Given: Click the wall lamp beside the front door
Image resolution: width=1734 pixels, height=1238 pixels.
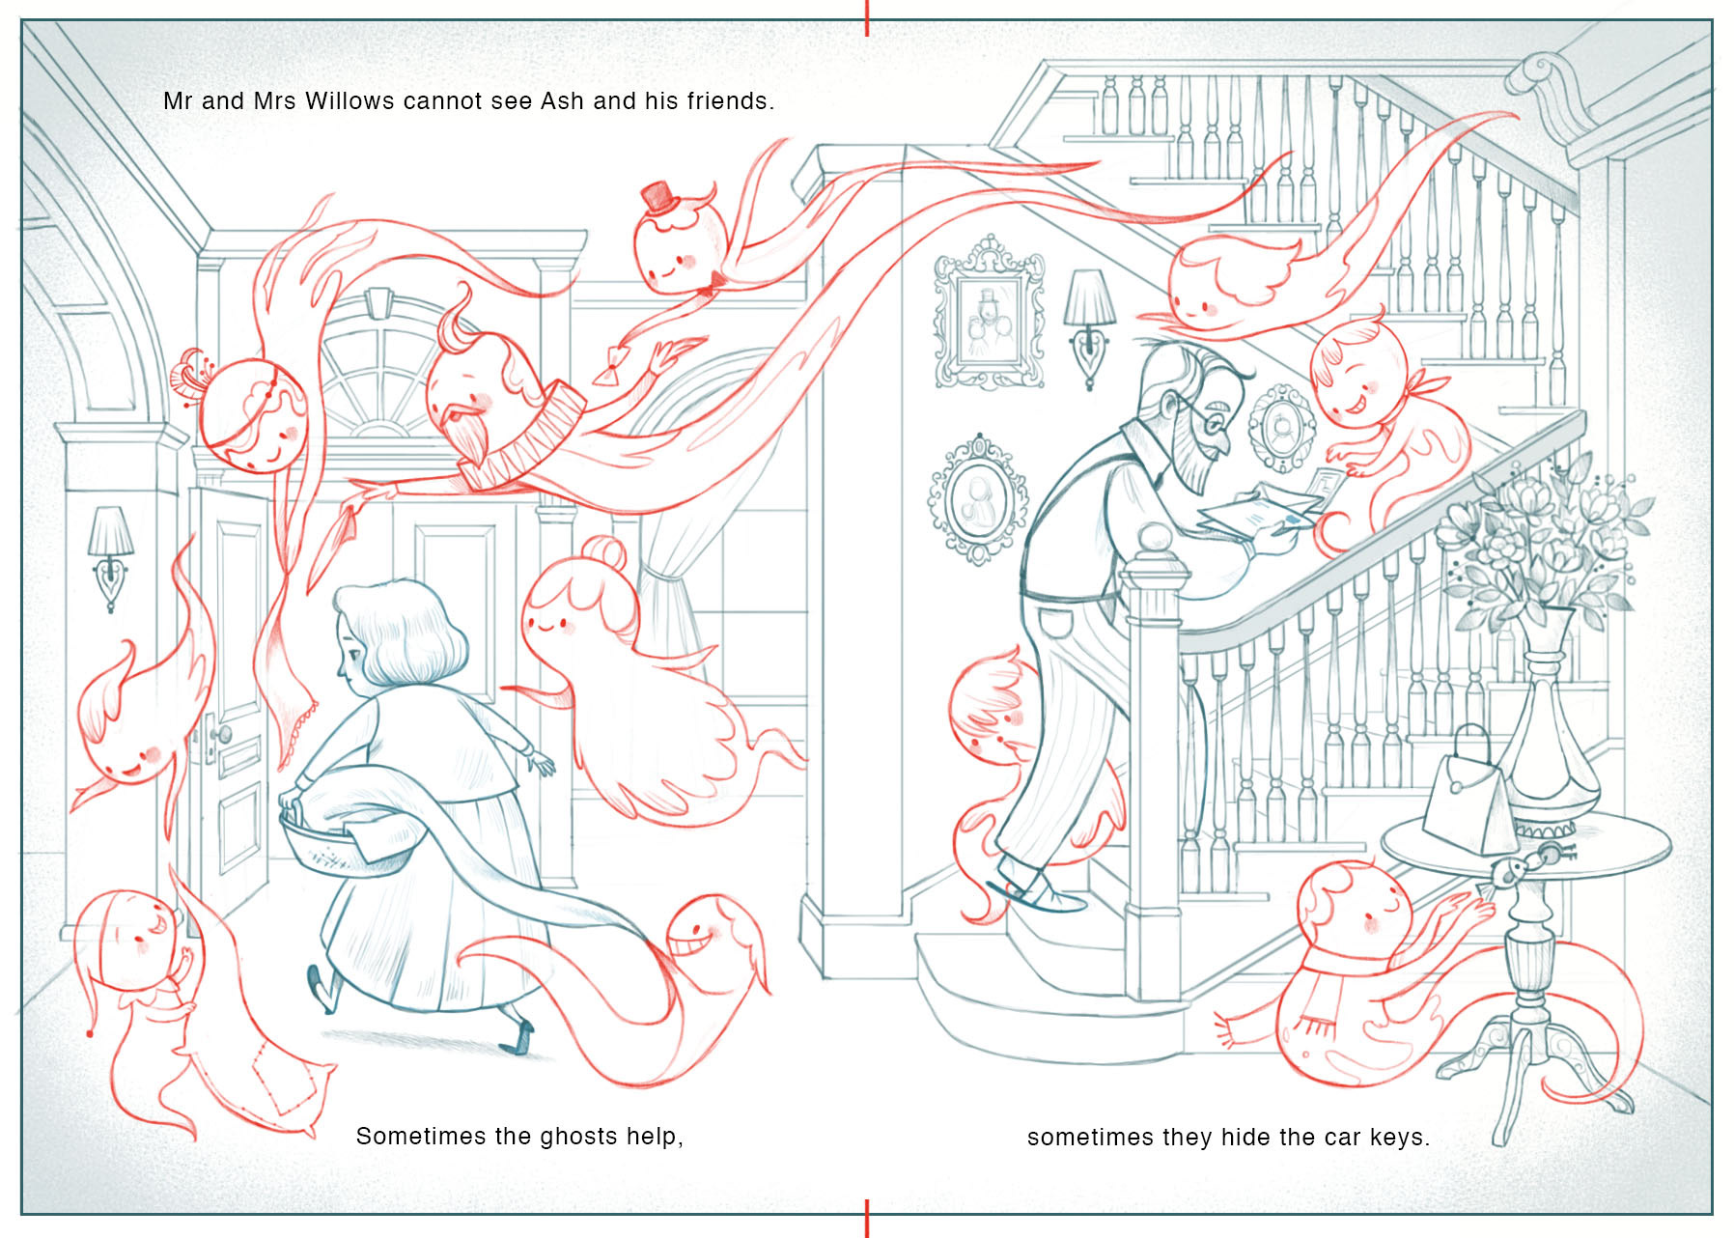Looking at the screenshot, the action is (110, 555).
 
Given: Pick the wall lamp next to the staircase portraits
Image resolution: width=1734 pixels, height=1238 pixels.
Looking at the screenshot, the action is (1089, 324).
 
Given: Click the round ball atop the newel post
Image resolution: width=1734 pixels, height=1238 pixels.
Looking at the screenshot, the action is (1154, 539).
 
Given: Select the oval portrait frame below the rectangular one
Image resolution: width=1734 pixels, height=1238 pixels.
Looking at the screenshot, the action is (978, 498).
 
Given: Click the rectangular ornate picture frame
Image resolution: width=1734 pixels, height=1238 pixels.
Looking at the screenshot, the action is (989, 312).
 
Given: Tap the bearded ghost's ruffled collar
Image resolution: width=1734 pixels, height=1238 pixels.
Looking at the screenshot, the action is (521, 439).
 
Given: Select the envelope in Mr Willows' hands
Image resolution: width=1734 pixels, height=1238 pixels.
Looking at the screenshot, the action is (1260, 510).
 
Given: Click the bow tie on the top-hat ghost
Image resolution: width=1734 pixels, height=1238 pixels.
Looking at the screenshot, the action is (716, 281).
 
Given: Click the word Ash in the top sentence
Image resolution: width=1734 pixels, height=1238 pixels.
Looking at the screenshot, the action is (563, 100).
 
